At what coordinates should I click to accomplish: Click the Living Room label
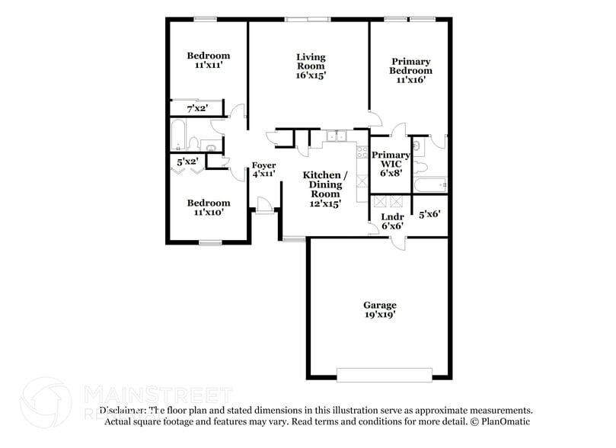(311, 66)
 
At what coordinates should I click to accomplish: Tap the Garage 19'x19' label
(379, 309)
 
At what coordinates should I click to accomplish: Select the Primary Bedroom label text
(411, 70)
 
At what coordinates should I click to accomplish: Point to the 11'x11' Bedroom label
(209, 60)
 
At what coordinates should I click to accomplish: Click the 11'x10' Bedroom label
(209, 208)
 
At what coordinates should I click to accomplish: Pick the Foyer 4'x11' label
(263, 169)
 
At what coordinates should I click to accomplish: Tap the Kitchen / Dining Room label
(325, 189)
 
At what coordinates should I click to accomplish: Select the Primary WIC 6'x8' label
(390, 164)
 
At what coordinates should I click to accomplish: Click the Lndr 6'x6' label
(391, 221)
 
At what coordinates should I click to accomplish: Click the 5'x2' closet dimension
(187, 162)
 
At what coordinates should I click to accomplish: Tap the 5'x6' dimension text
(429, 213)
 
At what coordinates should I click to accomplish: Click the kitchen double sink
(334, 137)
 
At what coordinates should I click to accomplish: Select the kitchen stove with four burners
(361, 152)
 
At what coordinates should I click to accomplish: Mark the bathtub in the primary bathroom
(429, 184)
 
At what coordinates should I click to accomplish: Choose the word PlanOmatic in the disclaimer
(506, 421)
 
